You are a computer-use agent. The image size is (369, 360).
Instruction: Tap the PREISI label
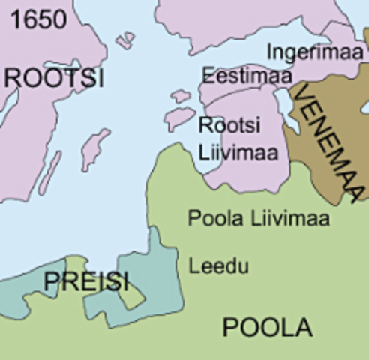coord(86,283)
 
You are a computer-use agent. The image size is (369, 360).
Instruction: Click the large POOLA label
coord(267,327)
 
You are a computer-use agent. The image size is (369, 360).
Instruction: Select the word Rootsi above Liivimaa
coord(224,125)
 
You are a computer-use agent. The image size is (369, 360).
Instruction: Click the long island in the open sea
coord(94,148)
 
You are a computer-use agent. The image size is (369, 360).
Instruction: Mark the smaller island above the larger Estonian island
coord(180,95)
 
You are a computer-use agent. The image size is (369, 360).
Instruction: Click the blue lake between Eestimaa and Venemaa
coord(283,100)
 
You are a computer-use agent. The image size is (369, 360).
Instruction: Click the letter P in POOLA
coord(231,327)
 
